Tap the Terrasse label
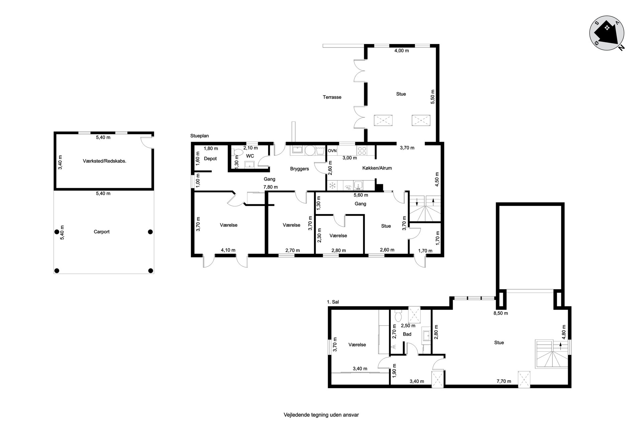click(332, 97)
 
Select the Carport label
click(102, 232)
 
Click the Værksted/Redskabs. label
click(104, 161)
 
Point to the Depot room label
click(210, 158)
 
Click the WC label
click(250, 156)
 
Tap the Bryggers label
click(299, 169)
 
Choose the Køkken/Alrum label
click(377, 168)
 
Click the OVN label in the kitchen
click(332, 151)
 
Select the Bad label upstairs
click(407, 334)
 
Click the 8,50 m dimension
click(501, 313)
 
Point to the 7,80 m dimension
click(271, 187)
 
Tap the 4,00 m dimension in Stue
click(402, 51)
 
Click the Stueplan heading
click(199, 136)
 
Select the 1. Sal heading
click(333, 302)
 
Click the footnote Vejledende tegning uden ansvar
click(321, 415)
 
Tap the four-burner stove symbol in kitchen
click(361, 150)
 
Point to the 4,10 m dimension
click(228, 250)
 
